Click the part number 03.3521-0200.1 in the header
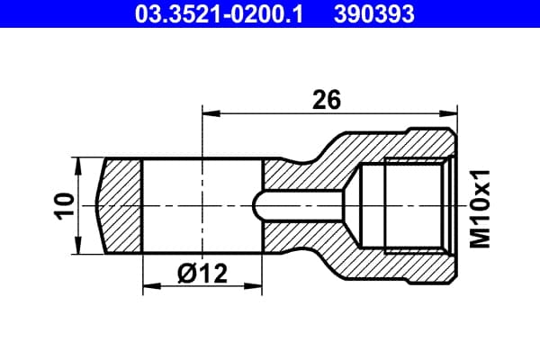click(x=219, y=14)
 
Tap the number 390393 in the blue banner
click(x=374, y=14)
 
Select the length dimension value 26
click(x=327, y=100)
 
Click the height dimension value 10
click(x=65, y=206)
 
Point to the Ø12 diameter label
click(x=202, y=274)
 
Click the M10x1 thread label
click(x=480, y=209)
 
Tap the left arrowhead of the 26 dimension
click(x=211, y=113)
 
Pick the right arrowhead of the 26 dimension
click(x=448, y=113)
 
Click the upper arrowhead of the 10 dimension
click(x=79, y=166)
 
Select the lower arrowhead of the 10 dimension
click(x=79, y=246)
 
